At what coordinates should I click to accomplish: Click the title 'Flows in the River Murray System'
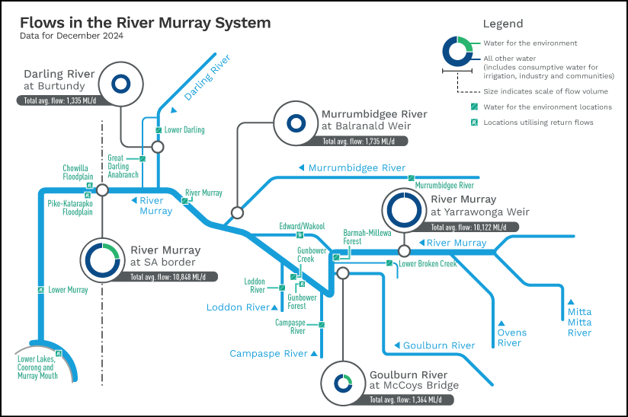(x=146, y=23)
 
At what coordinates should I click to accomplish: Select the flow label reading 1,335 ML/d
(x=59, y=100)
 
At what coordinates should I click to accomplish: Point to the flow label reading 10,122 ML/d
(x=469, y=228)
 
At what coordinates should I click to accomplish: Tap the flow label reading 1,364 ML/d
(x=405, y=399)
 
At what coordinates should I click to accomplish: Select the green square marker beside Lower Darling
(x=159, y=130)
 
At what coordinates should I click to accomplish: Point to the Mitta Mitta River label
(x=579, y=322)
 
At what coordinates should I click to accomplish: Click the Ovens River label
(x=512, y=338)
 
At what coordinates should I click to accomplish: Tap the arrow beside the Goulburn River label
(x=397, y=345)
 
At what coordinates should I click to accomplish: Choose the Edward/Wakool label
(x=302, y=226)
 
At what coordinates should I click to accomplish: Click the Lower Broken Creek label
(x=428, y=264)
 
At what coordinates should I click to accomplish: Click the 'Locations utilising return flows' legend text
(x=538, y=123)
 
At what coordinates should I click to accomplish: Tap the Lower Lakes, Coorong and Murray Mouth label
(x=37, y=368)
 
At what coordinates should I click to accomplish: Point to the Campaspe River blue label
(x=268, y=353)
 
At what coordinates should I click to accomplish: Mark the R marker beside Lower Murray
(x=41, y=290)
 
